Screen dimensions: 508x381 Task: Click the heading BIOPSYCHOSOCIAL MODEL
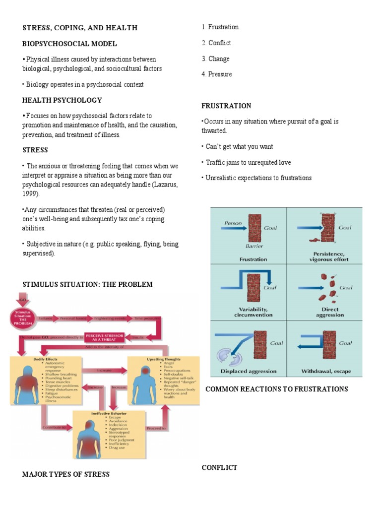click(69, 44)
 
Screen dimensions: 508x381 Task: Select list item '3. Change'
click(215, 59)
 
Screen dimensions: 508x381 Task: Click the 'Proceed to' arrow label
click(155, 427)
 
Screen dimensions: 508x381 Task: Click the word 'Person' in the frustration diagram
click(233, 223)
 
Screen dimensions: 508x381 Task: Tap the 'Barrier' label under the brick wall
click(254, 246)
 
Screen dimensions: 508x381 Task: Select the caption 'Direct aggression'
click(329, 312)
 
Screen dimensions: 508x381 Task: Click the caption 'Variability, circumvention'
click(253, 312)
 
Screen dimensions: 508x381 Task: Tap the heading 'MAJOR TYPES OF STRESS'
click(65, 474)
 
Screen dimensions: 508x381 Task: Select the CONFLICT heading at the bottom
click(219, 467)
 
